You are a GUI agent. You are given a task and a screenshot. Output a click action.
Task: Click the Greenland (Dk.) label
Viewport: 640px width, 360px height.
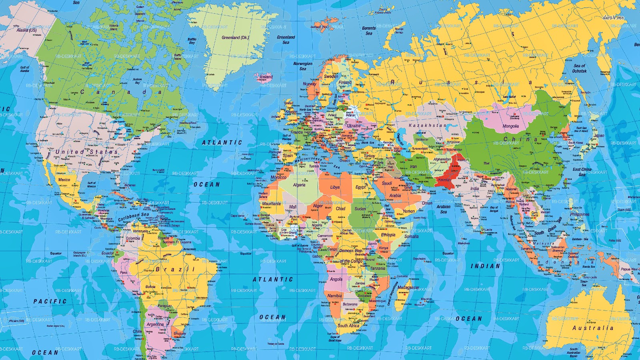[x=235, y=38]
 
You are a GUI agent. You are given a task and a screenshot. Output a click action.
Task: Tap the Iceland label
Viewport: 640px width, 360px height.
[x=266, y=77]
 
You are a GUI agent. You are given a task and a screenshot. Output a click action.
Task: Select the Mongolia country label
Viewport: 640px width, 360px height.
[x=510, y=126]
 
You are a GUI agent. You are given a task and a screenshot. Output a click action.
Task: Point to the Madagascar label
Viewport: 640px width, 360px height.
[x=408, y=288]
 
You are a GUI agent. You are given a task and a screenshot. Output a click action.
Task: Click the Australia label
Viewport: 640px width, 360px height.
[x=593, y=328]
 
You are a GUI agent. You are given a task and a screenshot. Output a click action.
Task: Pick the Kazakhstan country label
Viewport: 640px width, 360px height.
[x=427, y=126]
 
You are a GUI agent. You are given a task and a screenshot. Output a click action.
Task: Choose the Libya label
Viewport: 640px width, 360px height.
[x=335, y=187]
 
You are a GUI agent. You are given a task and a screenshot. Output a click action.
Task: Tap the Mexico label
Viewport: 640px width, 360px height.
[x=64, y=180]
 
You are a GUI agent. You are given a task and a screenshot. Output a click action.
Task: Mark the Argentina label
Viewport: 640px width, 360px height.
[x=155, y=324]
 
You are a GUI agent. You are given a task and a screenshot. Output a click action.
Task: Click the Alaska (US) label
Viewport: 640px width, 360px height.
[x=26, y=30]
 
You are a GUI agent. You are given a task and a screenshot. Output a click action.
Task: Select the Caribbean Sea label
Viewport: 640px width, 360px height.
[x=133, y=217]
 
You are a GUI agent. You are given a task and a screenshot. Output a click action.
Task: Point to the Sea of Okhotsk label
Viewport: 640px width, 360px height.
[x=580, y=68]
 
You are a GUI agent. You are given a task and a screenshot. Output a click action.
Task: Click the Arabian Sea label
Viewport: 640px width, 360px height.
[x=443, y=209]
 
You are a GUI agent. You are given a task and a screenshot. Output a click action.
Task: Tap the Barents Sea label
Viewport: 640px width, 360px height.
[x=369, y=31]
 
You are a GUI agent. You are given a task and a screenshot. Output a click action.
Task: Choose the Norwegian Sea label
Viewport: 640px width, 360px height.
[x=303, y=66]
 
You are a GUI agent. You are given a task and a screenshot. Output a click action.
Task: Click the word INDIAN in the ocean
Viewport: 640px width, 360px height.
[x=485, y=266]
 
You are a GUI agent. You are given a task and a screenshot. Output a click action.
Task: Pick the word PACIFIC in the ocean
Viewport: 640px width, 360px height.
[x=50, y=301]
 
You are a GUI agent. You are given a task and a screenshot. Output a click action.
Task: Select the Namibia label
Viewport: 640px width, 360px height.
[x=334, y=296]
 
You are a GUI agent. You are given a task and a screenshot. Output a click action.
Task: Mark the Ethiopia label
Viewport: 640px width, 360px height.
[x=388, y=235]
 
